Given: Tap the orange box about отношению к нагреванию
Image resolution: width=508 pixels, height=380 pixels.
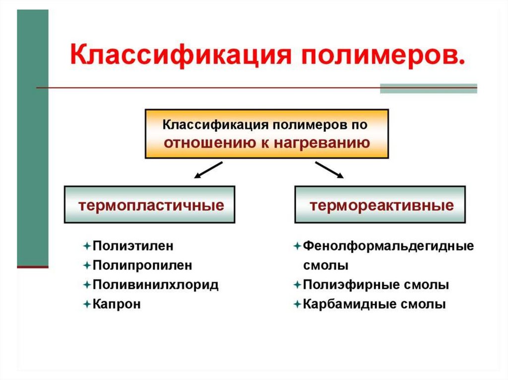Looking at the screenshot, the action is click(267, 134).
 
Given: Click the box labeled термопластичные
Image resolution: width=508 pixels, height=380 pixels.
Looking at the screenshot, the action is click(149, 205).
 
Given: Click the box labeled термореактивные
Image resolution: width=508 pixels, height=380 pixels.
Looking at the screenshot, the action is click(381, 205).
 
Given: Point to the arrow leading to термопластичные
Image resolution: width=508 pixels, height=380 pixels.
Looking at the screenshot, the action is click(208, 169).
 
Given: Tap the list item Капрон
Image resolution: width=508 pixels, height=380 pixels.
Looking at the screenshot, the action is click(117, 304).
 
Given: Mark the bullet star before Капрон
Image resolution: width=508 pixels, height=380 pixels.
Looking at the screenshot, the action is click(87, 304).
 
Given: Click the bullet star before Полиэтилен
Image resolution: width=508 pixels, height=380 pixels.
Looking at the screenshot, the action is click(87, 245).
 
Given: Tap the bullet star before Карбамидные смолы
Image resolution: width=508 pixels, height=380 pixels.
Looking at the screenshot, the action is click(297, 304).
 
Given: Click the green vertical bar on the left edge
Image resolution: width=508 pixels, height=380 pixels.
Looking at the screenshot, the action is click(33, 139).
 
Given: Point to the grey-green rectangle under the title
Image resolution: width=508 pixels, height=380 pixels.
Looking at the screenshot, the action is click(428, 89).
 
